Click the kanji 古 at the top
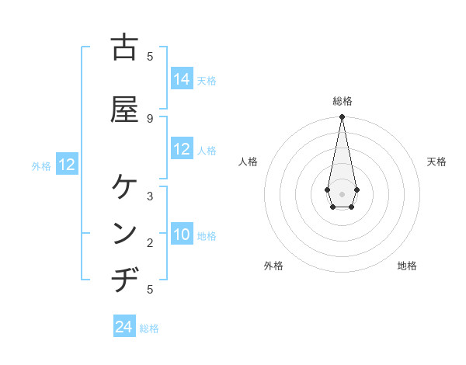tap(124, 47)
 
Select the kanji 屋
tap(124, 109)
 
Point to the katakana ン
tap(124, 233)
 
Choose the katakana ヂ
tap(124, 279)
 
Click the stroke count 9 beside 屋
tap(150, 118)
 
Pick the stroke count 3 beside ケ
tap(150, 196)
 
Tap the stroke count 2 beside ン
tap(150, 243)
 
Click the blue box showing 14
tap(182, 79)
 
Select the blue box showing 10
tap(182, 235)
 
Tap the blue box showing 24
tap(124, 327)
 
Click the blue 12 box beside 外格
tap(67, 165)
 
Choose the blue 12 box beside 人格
tap(182, 149)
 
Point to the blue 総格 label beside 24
tap(149, 328)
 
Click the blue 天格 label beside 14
tap(207, 81)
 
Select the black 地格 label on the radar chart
tap(407, 266)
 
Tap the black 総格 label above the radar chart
tap(343, 101)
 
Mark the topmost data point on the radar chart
tap(342, 117)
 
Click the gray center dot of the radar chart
tap(342, 193)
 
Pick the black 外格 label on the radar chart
tap(273, 266)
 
